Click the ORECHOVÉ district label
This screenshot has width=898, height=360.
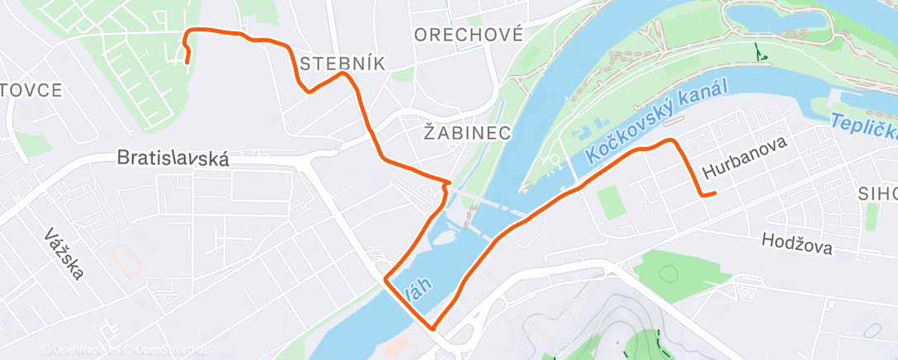click(x=469, y=35)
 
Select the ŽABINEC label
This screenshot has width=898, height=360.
click(x=467, y=132)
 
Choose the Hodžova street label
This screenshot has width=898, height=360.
click(x=797, y=243)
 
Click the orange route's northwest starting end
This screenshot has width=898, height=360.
click(x=187, y=61)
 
